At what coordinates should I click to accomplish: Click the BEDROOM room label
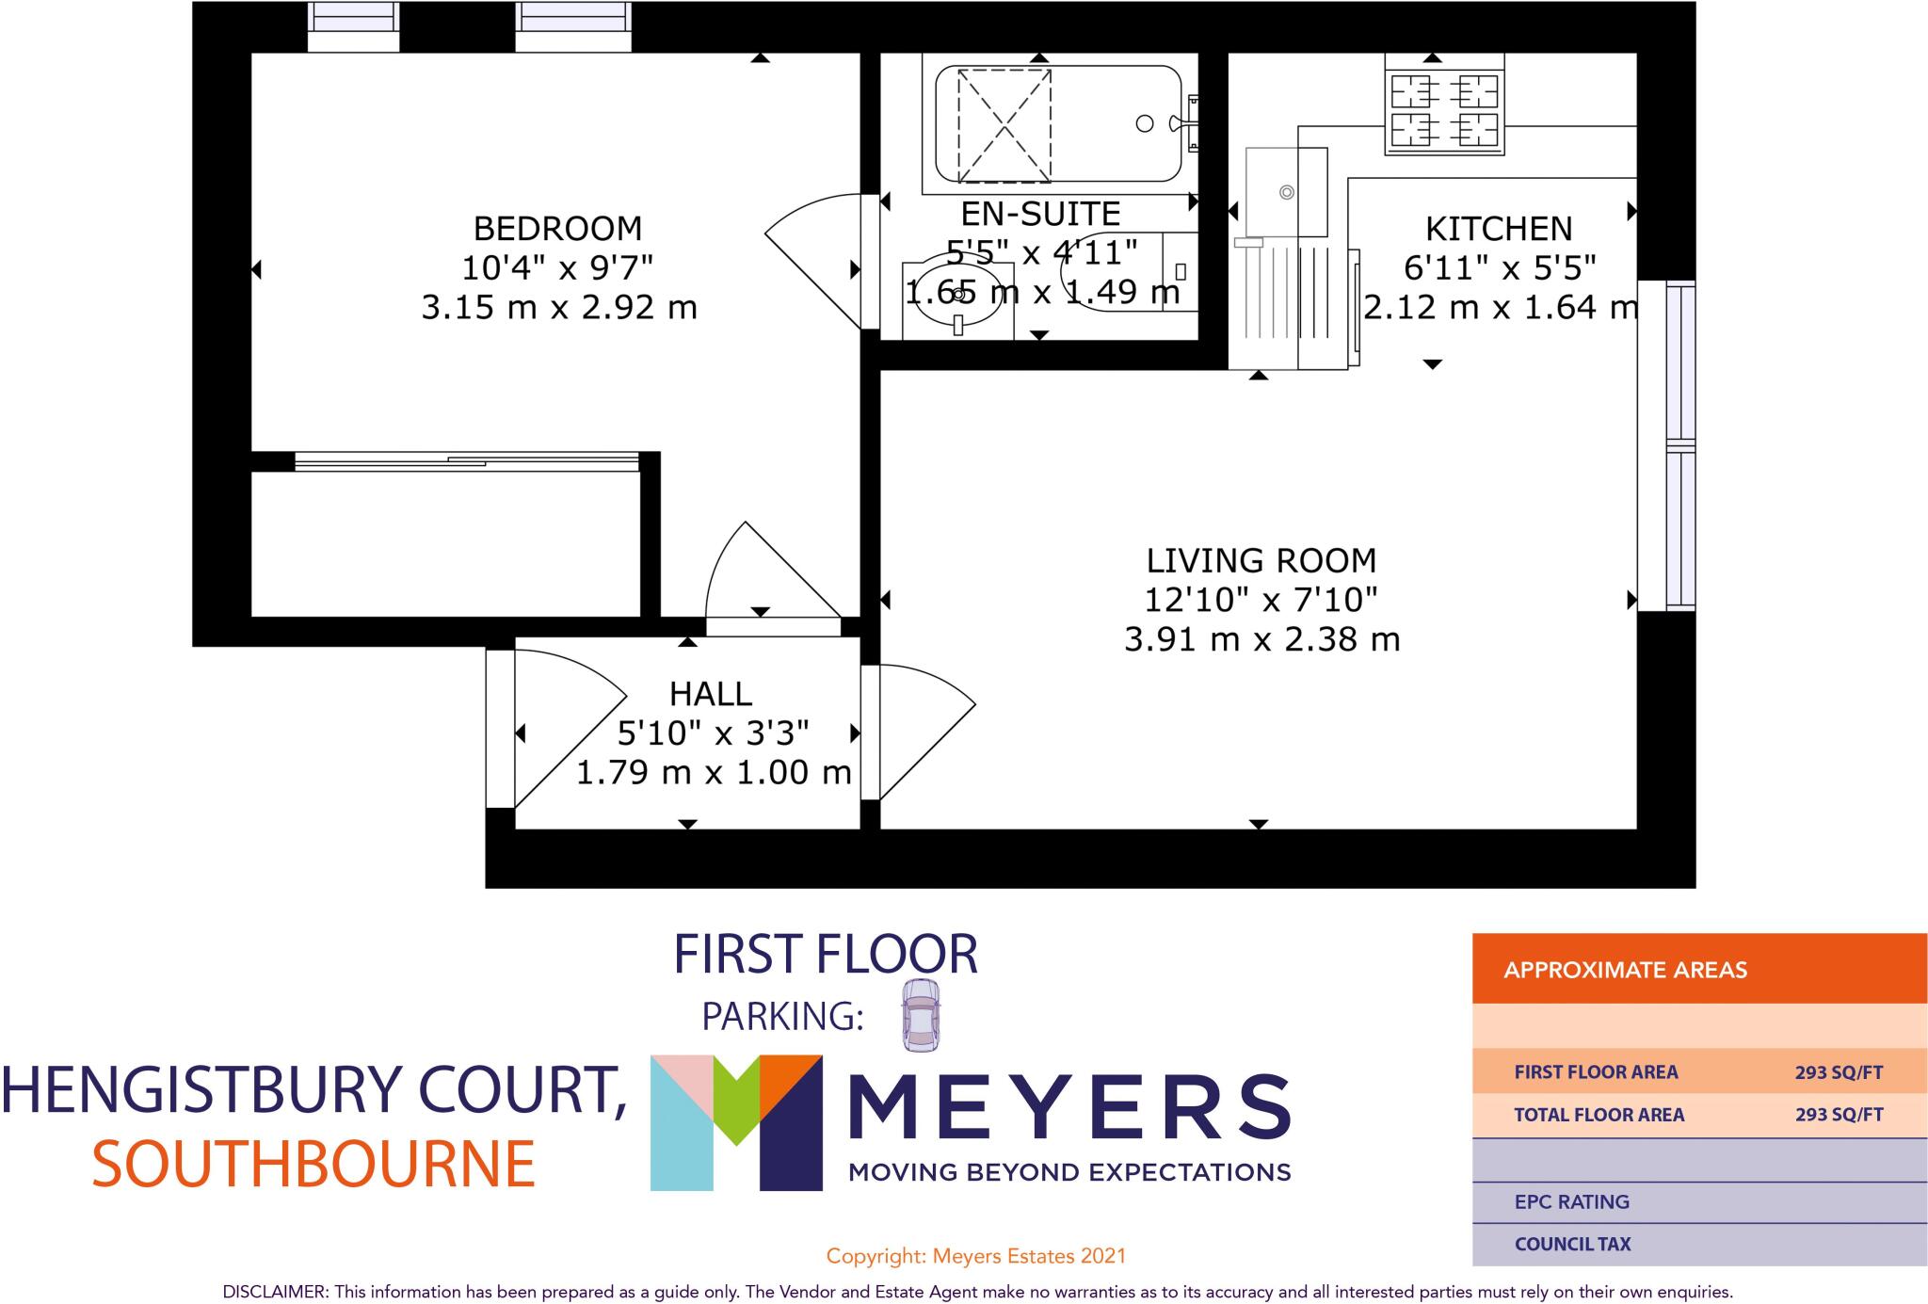pos(557,229)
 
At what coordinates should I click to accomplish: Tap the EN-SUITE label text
pos(1040,215)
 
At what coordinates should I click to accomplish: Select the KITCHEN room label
pos(1499,229)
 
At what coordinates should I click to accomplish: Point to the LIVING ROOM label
pos(1261,561)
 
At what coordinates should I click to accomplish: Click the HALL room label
pos(711,695)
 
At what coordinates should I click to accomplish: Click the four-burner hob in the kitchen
pos(1444,105)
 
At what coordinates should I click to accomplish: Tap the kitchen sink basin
pos(1286,192)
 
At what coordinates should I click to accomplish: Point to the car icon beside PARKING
pos(920,1015)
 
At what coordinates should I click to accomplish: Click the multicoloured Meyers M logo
pos(735,1121)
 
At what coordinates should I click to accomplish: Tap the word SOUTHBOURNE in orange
pos(313,1164)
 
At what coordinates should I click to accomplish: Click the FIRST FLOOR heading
pos(826,955)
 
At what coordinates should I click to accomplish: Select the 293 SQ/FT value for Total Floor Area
pos(1839,1115)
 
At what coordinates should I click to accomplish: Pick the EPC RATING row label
pos(1571,1202)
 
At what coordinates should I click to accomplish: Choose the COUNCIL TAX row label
pos(1572,1245)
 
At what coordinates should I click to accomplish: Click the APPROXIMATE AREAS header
pos(1625,970)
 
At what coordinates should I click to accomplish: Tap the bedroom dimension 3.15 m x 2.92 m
pos(558,308)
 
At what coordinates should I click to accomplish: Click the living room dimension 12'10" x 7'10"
pos(1261,600)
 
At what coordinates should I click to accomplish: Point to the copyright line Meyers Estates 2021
pos(975,1256)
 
